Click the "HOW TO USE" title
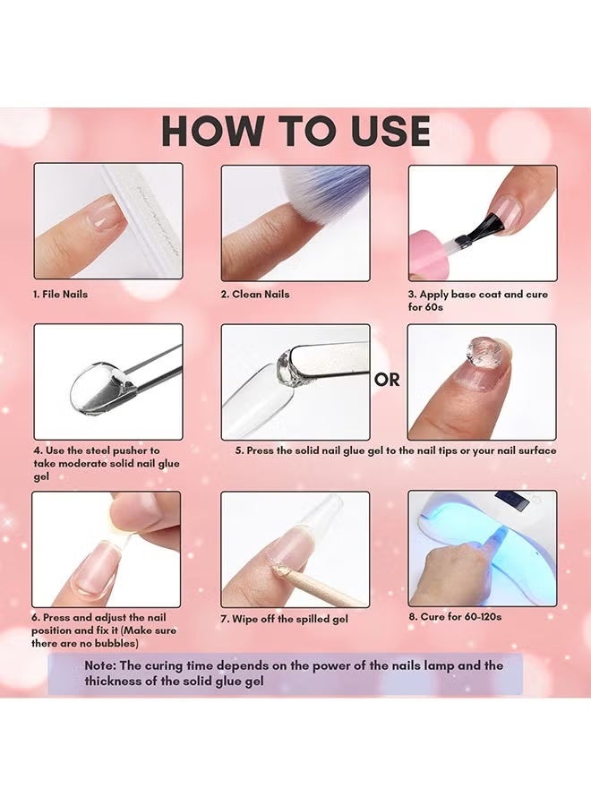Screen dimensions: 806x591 point(295,132)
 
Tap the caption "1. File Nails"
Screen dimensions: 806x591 point(61,294)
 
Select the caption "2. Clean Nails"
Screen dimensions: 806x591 point(255,294)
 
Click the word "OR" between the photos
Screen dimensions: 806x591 point(388,380)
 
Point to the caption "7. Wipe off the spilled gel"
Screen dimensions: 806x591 point(284,619)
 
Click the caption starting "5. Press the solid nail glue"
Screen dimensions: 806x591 point(395,450)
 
